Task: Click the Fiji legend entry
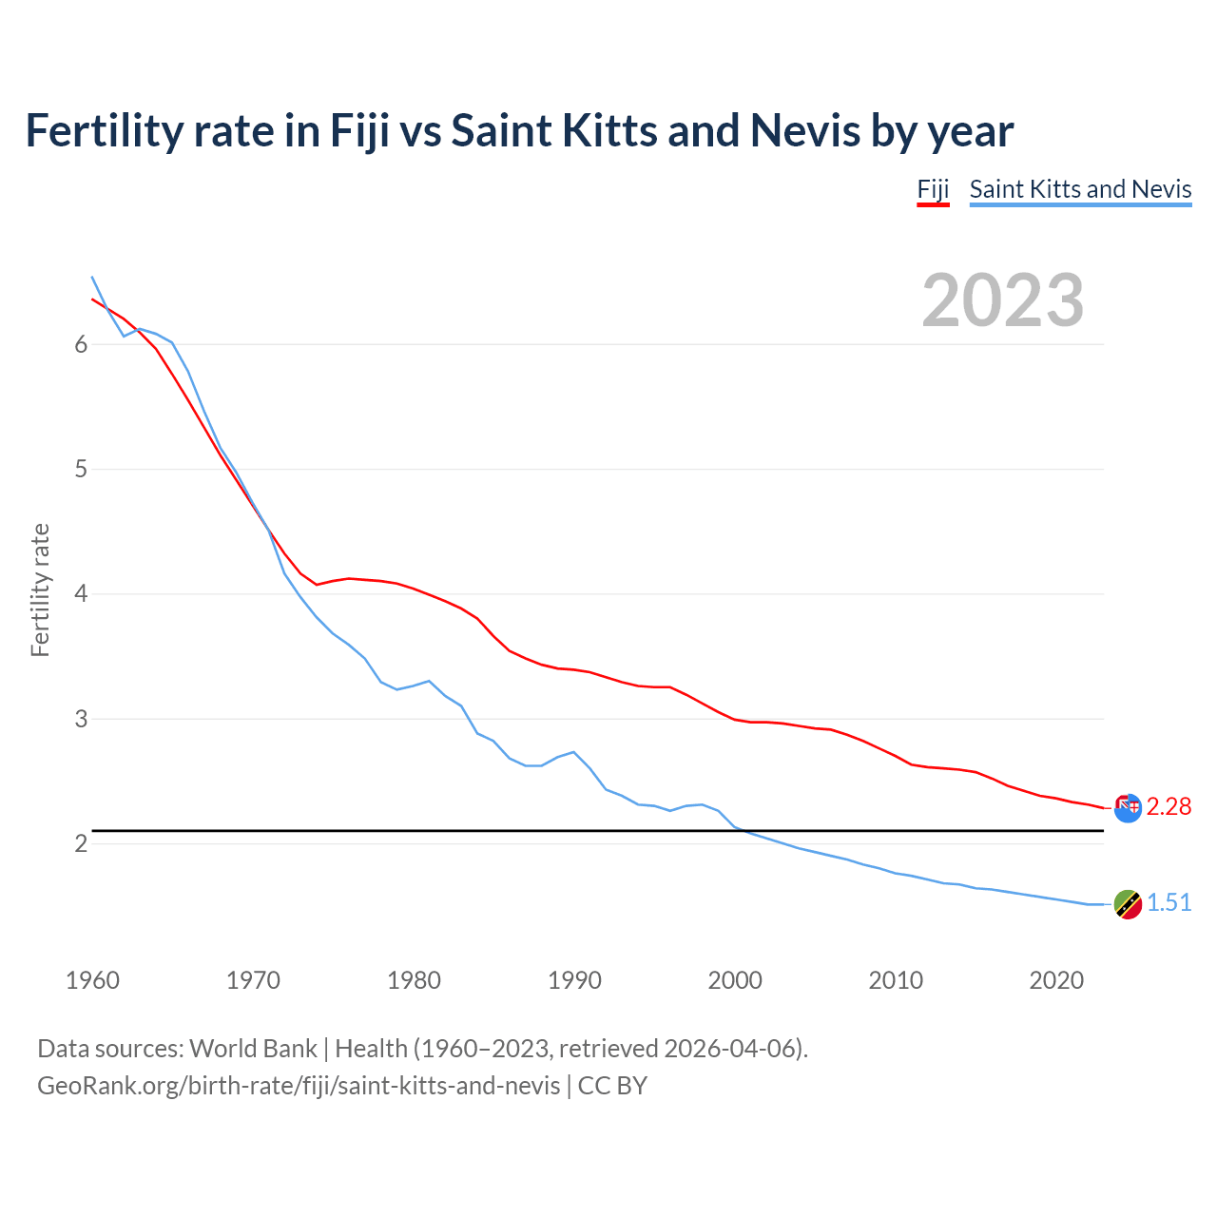pyautogui.click(x=933, y=189)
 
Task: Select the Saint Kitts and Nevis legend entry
pyautogui.click(x=1080, y=189)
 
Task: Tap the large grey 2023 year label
pyautogui.click(x=1002, y=300)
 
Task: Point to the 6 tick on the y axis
pyautogui.click(x=81, y=344)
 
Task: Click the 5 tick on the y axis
pyautogui.click(x=81, y=469)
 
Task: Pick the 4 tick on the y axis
pyautogui.click(x=81, y=594)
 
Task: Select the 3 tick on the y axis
pyautogui.click(x=81, y=719)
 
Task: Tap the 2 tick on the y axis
pyautogui.click(x=81, y=843)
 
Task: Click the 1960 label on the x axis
pyautogui.click(x=92, y=980)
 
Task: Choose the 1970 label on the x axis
pyautogui.click(x=253, y=980)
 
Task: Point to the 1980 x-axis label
pyautogui.click(x=414, y=980)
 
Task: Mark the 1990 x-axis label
pyautogui.click(x=574, y=980)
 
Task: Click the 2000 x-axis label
pyautogui.click(x=735, y=980)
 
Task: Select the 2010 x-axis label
pyautogui.click(x=896, y=980)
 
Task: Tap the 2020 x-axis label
pyautogui.click(x=1056, y=980)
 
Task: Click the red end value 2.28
pyautogui.click(x=1169, y=806)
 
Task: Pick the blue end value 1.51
pyautogui.click(x=1169, y=902)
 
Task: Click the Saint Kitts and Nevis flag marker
pyautogui.click(x=1127, y=904)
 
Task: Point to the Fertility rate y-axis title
pyautogui.click(x=40, y=589)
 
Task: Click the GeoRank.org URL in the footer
pyautogui.click(x=299, y=1085)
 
